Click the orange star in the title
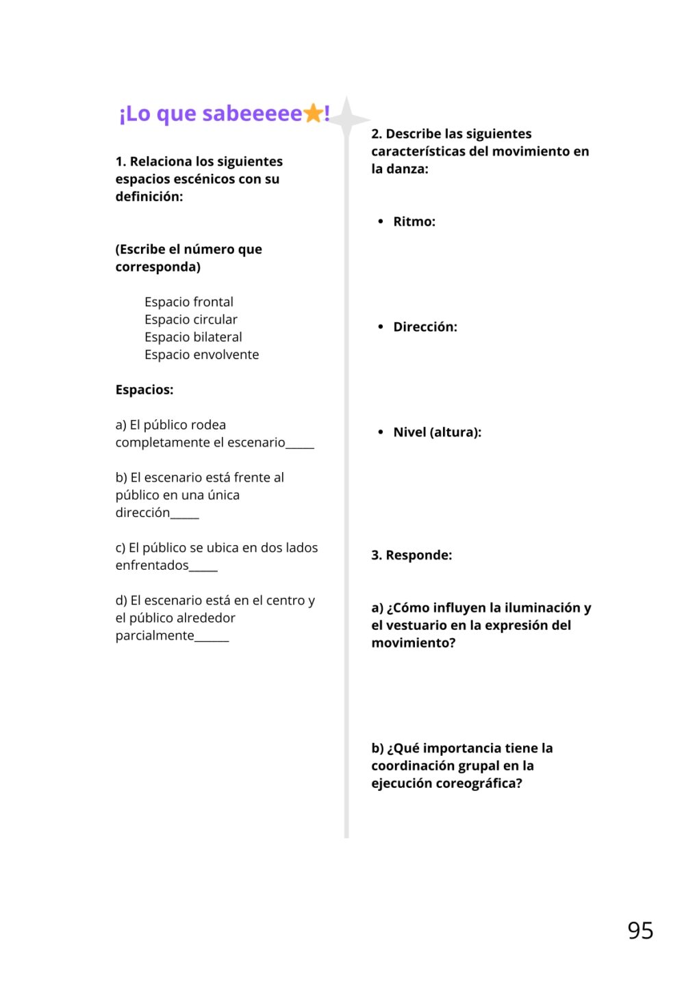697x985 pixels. point(314,113)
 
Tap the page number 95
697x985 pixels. point(639,930)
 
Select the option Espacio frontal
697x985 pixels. point(188,302)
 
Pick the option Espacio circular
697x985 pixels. point(190,319)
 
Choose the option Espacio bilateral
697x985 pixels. point(193,337)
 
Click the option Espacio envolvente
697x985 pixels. point(201,354)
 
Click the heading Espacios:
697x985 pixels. point(144,390)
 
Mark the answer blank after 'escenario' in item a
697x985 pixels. point(300,445)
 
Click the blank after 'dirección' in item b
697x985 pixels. point(184,516)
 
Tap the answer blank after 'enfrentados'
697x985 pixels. point(203,568)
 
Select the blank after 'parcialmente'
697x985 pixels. point(212,639)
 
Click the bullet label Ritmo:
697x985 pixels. point(414,222)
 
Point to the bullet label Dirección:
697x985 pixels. point(424,327)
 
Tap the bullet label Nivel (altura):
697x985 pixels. point(437,432)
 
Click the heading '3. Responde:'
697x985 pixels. point(411,555)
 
